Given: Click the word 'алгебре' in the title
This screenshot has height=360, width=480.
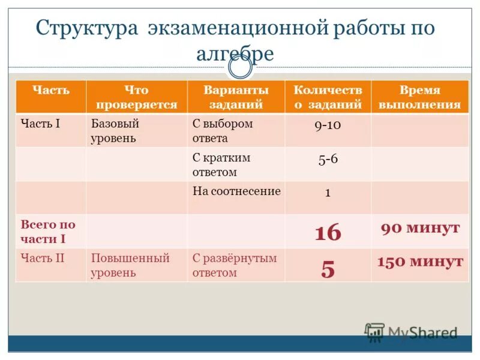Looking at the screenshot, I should click(x=235, y=53).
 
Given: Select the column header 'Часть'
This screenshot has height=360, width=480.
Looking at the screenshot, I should click(x=50, y=91).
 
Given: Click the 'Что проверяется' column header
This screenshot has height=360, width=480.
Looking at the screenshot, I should click(x=136, y=97).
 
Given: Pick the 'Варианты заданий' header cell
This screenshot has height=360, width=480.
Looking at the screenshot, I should click(x=236, y=97).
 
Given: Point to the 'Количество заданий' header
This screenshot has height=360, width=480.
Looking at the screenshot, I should click(x=328, y=97).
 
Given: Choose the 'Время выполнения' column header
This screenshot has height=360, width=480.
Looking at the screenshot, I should click(x=419, y=97).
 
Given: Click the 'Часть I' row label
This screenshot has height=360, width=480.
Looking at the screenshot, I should click(x=41, y=124).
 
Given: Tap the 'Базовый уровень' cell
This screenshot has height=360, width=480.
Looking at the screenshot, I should click(x=115, y=131).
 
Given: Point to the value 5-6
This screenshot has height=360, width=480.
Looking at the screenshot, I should click(x=328, y=160).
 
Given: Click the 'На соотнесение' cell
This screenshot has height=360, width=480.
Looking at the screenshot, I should click(x=236, y=191).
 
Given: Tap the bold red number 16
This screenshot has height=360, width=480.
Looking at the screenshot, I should click(x=328, y=232).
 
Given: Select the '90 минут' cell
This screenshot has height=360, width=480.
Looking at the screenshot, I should click(x=420, y=228).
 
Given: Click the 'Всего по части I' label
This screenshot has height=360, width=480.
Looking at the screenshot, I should click(x=48, y=232).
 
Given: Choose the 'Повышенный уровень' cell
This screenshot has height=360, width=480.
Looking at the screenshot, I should click(x=130, y=265).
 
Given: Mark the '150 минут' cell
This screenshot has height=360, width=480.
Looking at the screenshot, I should click(x=420, y=262).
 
